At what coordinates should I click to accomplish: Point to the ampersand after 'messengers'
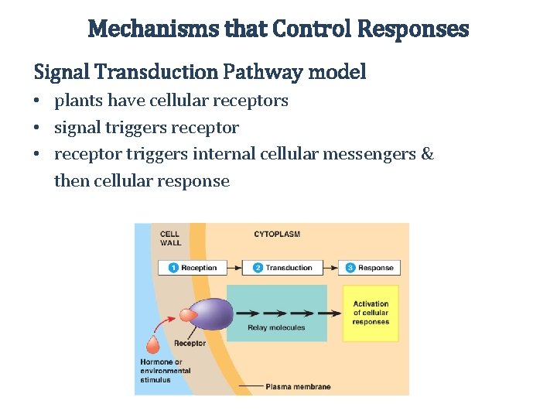pyautogui.click(x=427, y=154)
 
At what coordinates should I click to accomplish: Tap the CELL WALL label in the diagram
pyautogui.click(x=170, y=238)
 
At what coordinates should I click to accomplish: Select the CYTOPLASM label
pyautogui.click(x=276, y=234)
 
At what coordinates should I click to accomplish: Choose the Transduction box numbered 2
pyautogui.click(x=283, y=268)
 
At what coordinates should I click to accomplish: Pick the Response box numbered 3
pyautogui.click(x=370, y=268)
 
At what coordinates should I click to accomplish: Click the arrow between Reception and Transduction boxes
pyautogui.click(x=235, y=268)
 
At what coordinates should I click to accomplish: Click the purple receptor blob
pyautogui.click(x=210, y=313)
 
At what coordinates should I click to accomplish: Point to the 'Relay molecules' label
pyautogui.click(x=276, y=327)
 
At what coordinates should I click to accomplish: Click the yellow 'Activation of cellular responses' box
pyautogui.click(x=371, y=313)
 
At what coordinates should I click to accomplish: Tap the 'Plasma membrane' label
pyautogui.click(x=298, y=386)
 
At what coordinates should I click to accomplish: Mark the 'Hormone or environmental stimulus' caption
pyautogui.click(x=165, y=371)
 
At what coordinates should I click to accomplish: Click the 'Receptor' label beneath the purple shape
pyautogui.click(x=190, y=343)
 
